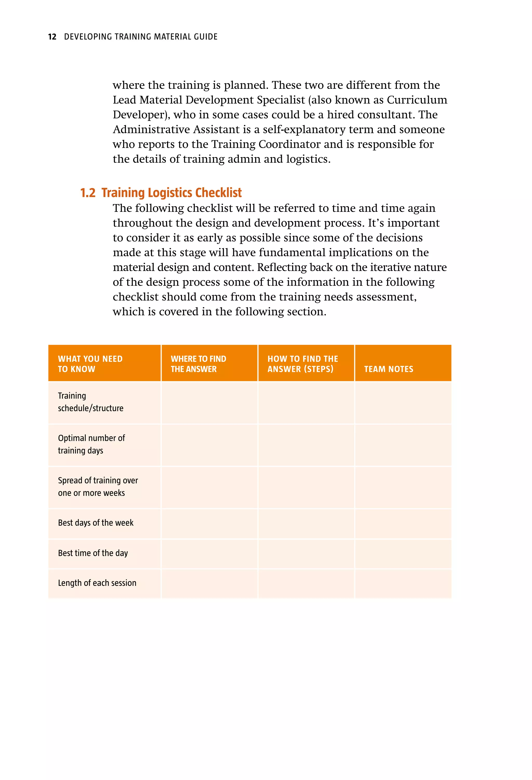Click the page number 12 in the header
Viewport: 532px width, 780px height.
tap(52, 37)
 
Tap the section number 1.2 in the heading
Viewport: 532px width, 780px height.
tap(88, 193)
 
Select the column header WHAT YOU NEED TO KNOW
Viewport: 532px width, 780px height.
tap(90, 364)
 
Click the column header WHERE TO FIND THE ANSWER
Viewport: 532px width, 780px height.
tap(198, 364)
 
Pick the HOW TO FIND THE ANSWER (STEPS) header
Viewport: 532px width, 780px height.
tap(302, 364)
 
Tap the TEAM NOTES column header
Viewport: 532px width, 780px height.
tap(389, 369)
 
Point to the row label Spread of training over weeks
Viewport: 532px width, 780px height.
tap(98, 486)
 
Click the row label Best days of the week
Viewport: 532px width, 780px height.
tap(95, 523)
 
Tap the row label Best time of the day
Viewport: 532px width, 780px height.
tap(93, 553)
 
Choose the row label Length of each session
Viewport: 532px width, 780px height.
tap(97, 583)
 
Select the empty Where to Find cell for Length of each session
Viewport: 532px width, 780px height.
tap(209, 583)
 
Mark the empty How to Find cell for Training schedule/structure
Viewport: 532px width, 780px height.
tap(306, 402)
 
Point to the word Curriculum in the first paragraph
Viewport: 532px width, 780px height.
tap(417, 100)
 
